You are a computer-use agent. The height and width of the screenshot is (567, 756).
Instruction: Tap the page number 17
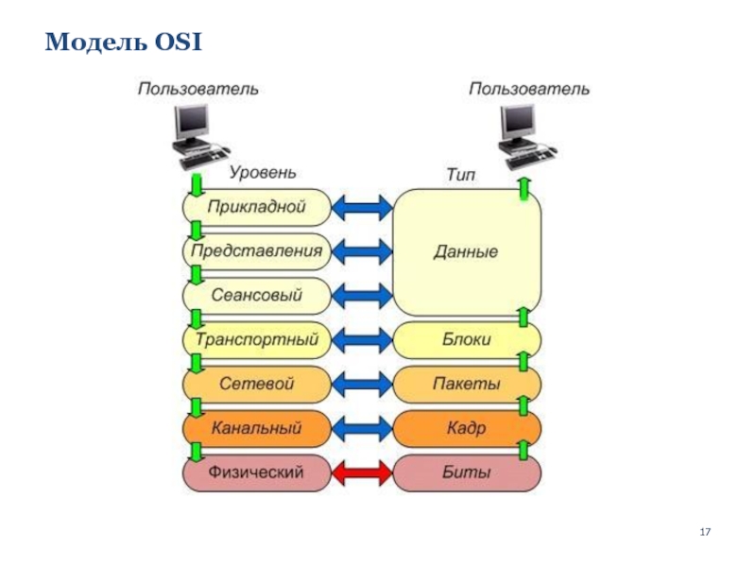[704, 535]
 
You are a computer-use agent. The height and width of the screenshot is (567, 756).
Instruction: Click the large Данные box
[467, 252]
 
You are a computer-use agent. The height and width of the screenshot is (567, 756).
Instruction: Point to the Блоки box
[467, 339]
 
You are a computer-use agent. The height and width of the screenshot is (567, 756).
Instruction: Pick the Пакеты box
[467, 384]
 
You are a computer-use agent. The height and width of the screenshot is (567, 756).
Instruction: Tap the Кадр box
[467, 428]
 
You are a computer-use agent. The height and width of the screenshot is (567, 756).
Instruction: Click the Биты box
[467, 472]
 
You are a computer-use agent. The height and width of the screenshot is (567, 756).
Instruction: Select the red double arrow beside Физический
[363, 472]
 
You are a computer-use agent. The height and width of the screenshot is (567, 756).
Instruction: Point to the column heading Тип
[461, 176]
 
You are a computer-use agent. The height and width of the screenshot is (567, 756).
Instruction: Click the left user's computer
[193, 132]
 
